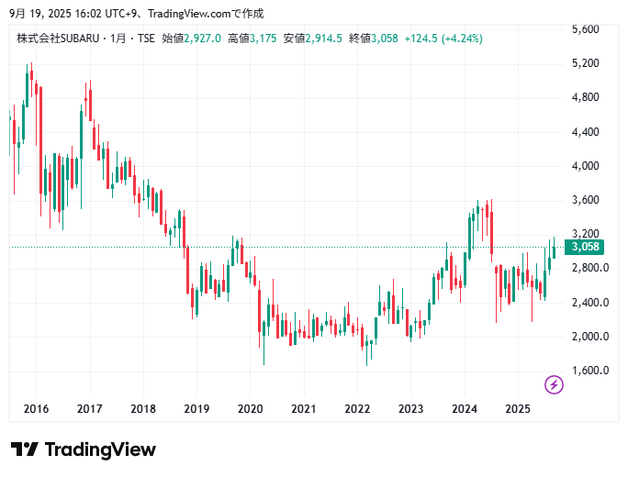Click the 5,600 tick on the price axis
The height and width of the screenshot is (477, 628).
click(x=585, y=29)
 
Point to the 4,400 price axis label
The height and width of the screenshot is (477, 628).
click(x=585, y=132)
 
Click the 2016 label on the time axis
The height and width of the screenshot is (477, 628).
click(x=36, y=409)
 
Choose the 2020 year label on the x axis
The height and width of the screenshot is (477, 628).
click(x=250, y=409)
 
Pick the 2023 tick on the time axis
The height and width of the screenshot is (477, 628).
click(x=410, y=409)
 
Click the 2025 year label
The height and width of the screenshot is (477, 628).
click(x=518, y=409)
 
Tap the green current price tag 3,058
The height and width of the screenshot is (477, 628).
click(x=586, y=248)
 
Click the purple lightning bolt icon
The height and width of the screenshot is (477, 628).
click(x=554, y=384)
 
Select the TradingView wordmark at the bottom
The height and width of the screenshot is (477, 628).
click(x=84, y=449)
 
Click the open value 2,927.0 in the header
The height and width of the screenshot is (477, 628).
click(x=204, y=39)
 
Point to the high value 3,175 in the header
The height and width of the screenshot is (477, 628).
click(x=264, y=39)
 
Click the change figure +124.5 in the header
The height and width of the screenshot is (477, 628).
click(x=421, y=39)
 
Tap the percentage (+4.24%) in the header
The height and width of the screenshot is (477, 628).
click(x=462, y=39)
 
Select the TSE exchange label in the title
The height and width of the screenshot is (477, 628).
click(x=146, y=39)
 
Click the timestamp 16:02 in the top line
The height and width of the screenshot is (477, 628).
click(x=67, y=14)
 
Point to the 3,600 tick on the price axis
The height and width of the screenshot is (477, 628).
click(x=585, y=200)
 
